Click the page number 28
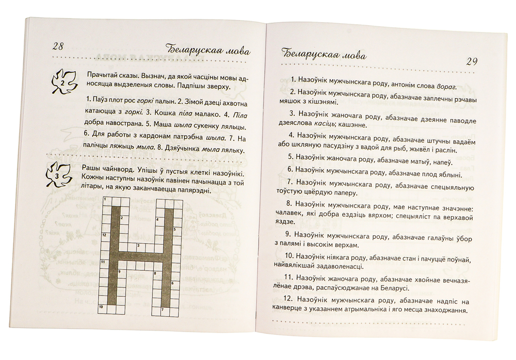[x=58, y=46]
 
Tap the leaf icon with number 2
[x=62, y=81]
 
